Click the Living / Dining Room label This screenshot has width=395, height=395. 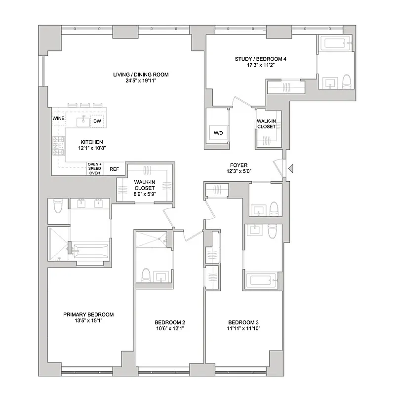pyautogui.click(x=141, y=75)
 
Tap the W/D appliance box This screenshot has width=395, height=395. pyautogui.click(x=218, y=133)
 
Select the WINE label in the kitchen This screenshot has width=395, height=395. pyautogui.click(x=58, y=119)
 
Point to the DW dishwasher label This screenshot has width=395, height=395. pyautogui.click(x=97, y=121)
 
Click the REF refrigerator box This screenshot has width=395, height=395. pyautogui.click(x=114, y=169)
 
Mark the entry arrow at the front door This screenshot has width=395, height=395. pyautogui.click(x=291, y=169)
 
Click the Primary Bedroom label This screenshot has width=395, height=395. pyautogui.click(x=88, y=315)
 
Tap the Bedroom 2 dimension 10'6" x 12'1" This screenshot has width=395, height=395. pyautogui.click(x=169, y=328)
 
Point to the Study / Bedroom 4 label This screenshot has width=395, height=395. pyautogui.click(x=260, y=59)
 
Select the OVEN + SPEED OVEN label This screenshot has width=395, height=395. pyautogui.click(x=94, y=169)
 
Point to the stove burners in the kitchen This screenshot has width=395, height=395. pyautogui.click(x=55, y=144)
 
